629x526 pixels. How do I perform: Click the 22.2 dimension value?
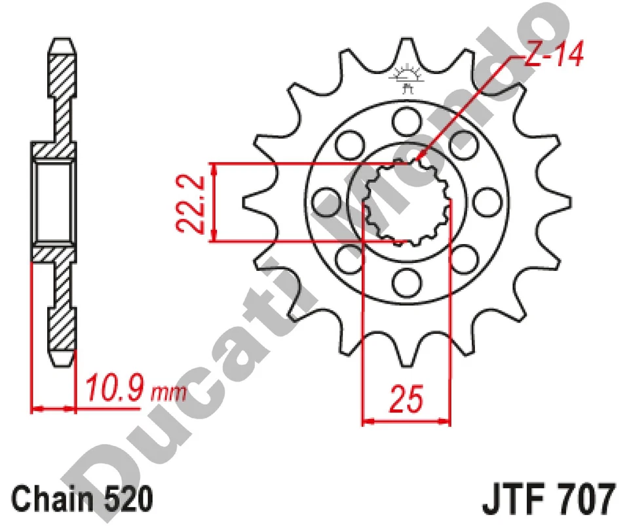click(187, 201)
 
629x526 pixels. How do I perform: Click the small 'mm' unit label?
click(168, 394)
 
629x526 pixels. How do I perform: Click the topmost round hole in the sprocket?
click(406, 120)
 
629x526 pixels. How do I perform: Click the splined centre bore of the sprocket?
click(406, 201)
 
